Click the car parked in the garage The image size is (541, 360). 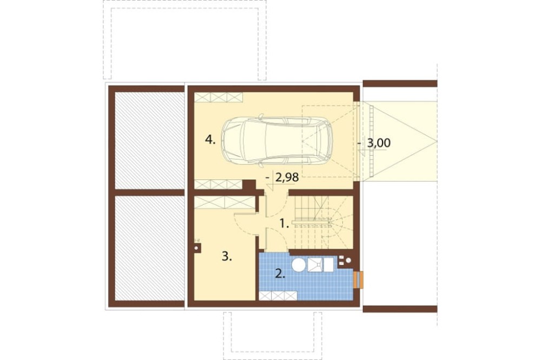(277, 139)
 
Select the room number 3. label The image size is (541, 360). (227, 256)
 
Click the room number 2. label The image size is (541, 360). (280, 274)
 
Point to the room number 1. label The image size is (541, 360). (284, 224)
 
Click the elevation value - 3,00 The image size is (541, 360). (375, 143)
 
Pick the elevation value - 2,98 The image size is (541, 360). (283, 178)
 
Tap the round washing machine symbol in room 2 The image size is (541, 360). (299, 265)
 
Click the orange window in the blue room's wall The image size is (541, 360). (359, 279)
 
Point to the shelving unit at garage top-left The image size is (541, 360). (218, 97)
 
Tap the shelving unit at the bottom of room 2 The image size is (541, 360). (278, 296)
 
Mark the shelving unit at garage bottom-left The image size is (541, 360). (218, 184)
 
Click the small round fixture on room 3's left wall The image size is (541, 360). (197, 247)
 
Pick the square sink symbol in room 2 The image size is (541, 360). (315, 265)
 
